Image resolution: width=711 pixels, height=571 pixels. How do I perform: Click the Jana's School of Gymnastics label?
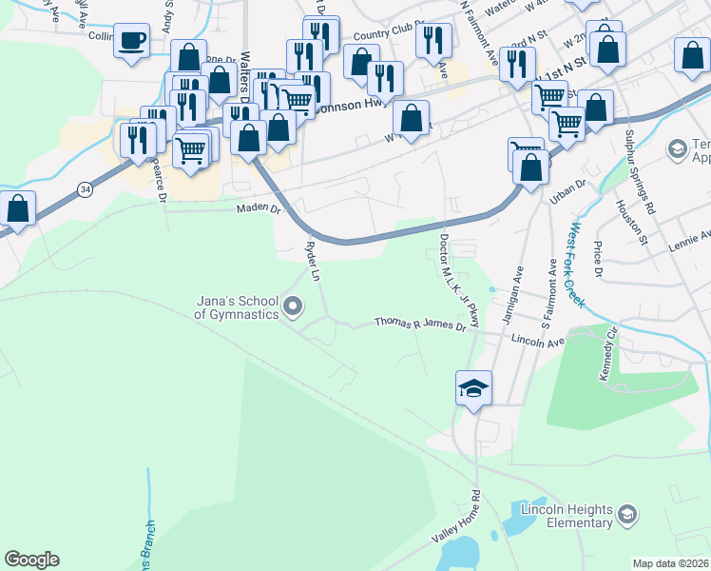[237, 306]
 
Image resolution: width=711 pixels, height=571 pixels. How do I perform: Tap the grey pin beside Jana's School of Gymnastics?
[293, 306]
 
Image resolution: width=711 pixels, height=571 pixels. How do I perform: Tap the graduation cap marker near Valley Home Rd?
[473, 388]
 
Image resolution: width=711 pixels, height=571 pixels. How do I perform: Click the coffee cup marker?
[132, 41]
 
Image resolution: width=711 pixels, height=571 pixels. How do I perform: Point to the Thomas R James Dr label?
[420, 325]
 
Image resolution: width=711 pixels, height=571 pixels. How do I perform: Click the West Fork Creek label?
[578, 266]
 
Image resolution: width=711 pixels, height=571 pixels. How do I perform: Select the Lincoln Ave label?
[538, 340]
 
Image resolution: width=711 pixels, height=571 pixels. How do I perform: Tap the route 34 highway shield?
[86, 189]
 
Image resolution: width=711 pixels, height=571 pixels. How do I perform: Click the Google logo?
[31, 560]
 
